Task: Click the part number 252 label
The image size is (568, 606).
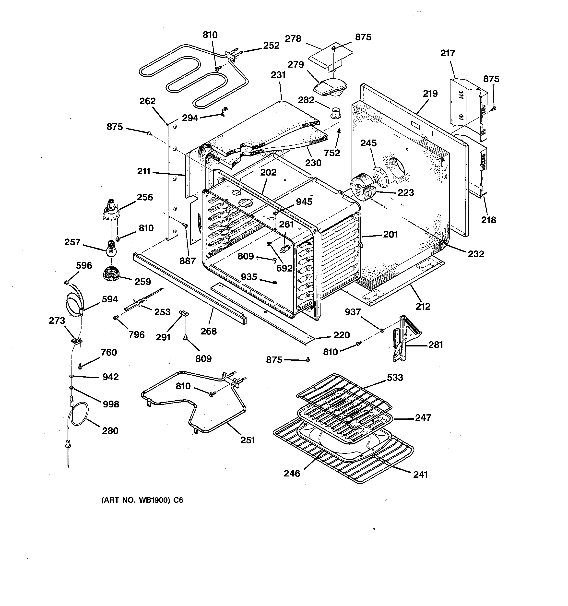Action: click(271, 46)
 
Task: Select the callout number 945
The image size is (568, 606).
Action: click(304, 202)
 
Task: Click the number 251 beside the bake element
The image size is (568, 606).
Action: click(248, 440)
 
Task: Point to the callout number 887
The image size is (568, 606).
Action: click(187, 261)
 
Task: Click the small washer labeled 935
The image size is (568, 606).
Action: click(275, 283)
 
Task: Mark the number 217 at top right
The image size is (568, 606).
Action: click(448, 53)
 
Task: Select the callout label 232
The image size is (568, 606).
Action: click(476, 254)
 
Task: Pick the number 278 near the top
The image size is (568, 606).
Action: click(293, 39)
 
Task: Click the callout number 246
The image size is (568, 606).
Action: click(292, 473)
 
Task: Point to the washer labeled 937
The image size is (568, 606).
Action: click(381, 330)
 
